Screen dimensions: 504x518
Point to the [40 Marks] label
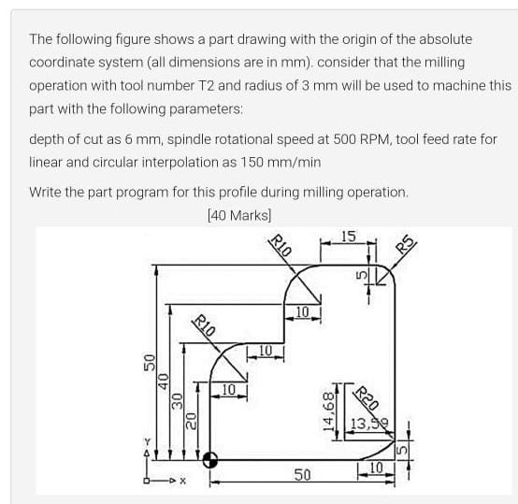(x=238, y=214)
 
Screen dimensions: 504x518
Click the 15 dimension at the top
(x=347, y=236)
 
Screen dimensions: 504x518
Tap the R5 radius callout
(x=406, y=246)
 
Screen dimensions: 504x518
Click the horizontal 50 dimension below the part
(x=302, y=477)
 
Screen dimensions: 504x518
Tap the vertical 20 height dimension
(x=190, y=421)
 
